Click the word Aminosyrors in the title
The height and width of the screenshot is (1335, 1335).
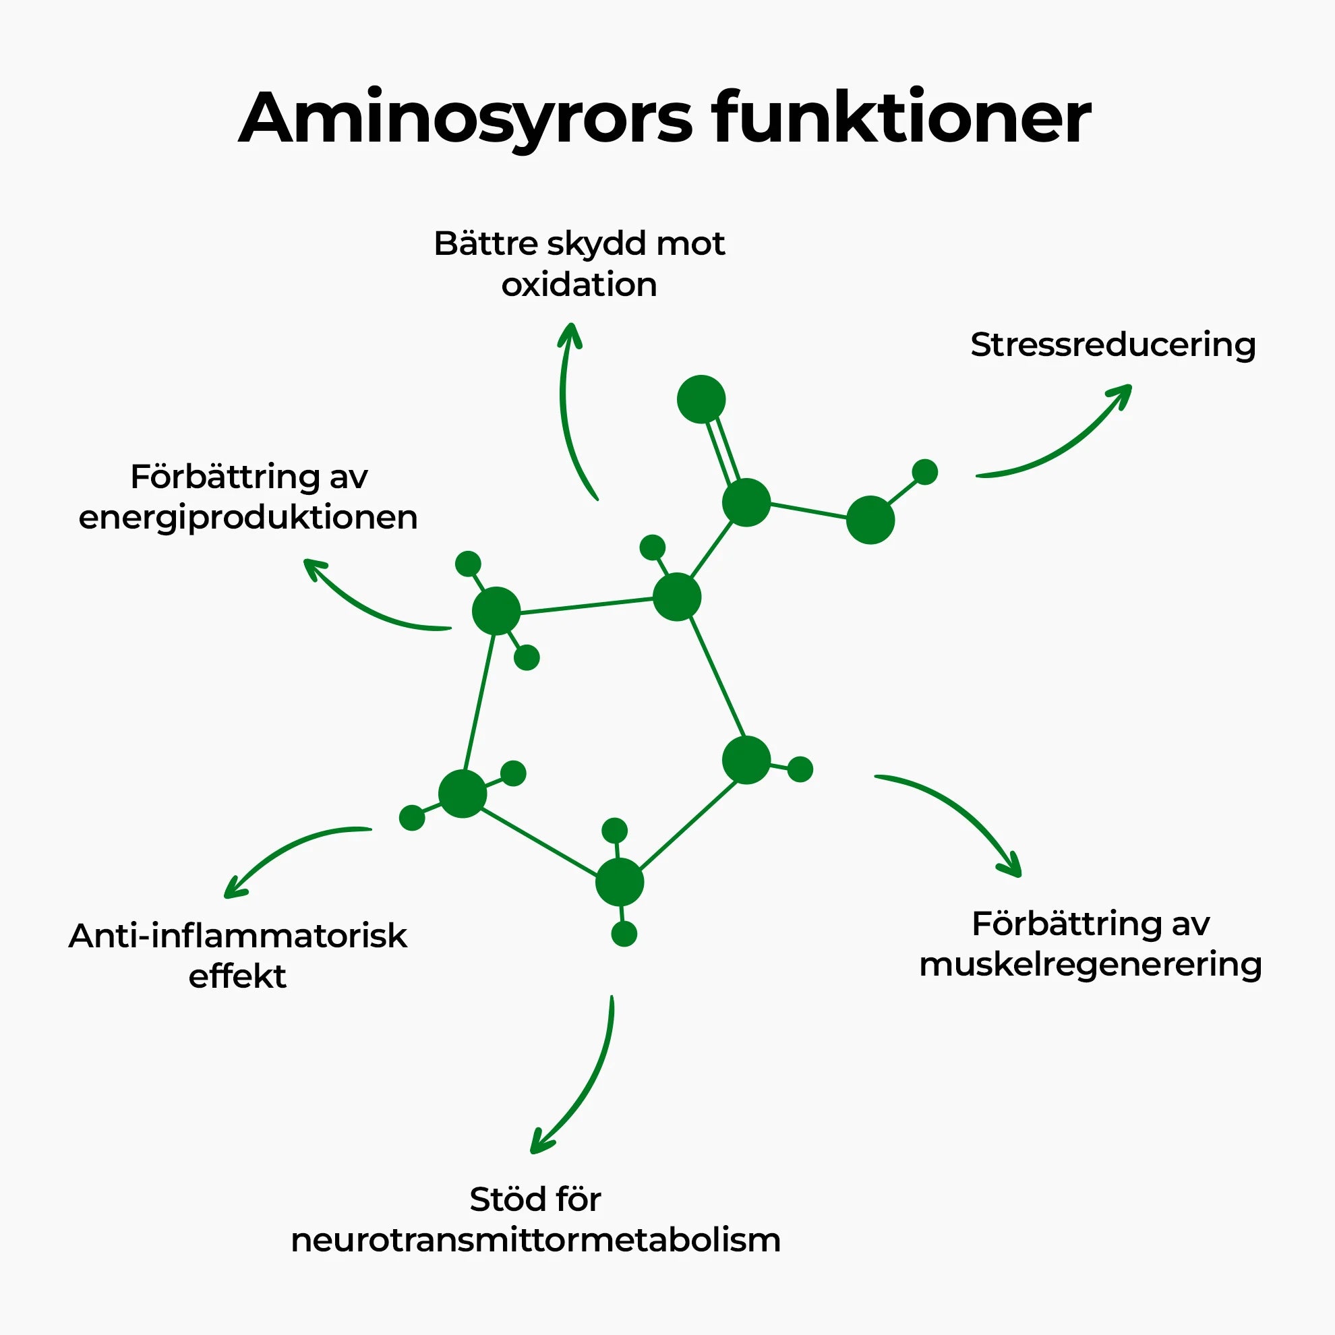click(465, 119)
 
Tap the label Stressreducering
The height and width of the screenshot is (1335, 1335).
click(1112, 345)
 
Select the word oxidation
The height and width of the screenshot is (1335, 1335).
click(579, 285)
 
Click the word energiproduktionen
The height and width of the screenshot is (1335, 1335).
click(248, 518)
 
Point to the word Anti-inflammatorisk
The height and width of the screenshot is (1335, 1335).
click(238, 937)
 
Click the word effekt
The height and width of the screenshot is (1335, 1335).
click(237, 976)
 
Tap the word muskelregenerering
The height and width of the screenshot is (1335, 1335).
click(1090, 965)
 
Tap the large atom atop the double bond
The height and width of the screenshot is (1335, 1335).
click(701, 399)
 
